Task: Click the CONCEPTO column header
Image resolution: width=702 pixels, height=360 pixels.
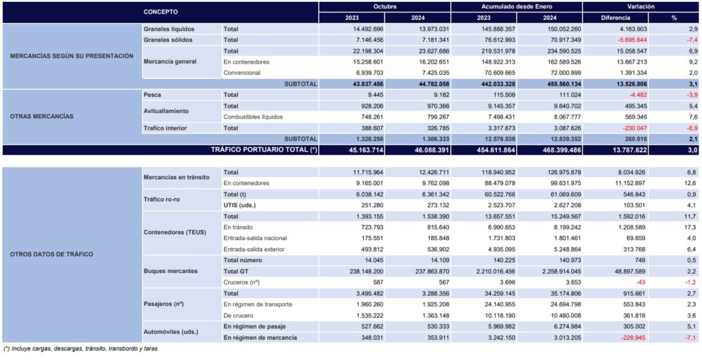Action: (162, 12)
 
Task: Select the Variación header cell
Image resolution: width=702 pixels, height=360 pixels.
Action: (640, 6)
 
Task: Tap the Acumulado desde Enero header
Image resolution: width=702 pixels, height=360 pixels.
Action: (516, 6)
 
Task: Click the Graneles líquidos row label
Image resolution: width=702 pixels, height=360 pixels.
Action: (169, 29)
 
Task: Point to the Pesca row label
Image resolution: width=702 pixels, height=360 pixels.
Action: (152, 95)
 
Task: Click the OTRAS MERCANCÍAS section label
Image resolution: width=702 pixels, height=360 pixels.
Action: (42, 117)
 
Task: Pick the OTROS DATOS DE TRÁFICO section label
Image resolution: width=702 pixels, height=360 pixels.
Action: (51, 254)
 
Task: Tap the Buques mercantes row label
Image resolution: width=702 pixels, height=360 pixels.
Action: (171, 271)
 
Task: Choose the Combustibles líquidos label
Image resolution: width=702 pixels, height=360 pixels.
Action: (253, 117)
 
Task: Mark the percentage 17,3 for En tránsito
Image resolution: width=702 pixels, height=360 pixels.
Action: (690, 227)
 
